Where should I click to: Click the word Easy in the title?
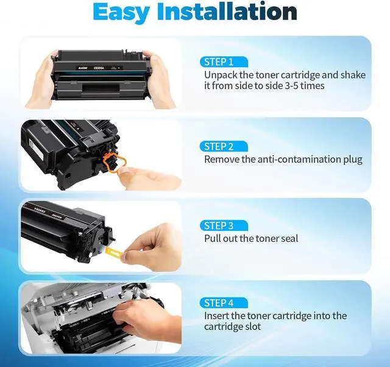click(121, 12)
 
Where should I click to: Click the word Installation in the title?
click(227, 12)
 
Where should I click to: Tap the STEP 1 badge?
click(224, 62)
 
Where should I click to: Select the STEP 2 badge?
click(224, 147)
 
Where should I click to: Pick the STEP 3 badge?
click(224, 226)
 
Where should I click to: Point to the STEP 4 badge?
click(224, 303)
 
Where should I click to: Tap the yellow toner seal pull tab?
click(114, 253)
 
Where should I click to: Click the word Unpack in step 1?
click(221, 75)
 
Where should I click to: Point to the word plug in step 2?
click(353, 160)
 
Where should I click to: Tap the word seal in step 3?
click(289, 239)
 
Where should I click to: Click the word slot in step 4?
click(253, 327)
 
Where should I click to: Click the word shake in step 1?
click(353, 75)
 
